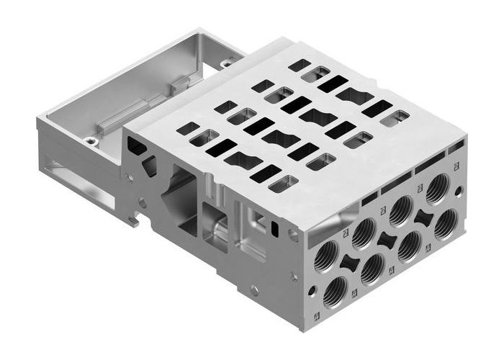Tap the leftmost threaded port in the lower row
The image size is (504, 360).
(335, 292)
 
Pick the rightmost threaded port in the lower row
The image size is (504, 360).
(447, 223)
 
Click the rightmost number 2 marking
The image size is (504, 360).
(456, 166)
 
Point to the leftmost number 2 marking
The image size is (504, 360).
(346, 232)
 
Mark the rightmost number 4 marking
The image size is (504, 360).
(428, 248)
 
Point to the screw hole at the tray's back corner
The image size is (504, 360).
(226, 63)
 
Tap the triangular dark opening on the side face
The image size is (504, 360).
(151, 167)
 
